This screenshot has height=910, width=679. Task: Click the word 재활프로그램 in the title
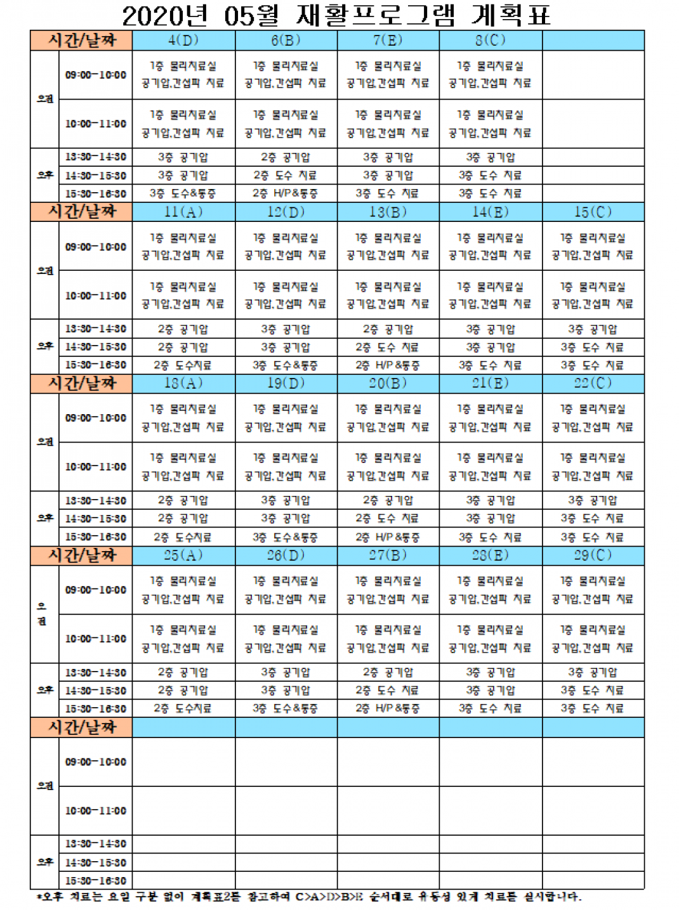tap(376, 15)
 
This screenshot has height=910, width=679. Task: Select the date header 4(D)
tap(183, 41)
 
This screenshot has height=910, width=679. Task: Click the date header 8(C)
tap(491, 41)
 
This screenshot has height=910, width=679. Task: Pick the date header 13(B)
tap(388, 212)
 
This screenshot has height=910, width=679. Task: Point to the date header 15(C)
tap(593, 212)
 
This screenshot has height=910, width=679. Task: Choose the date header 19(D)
tap(286, 384)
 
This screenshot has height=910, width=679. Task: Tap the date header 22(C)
tap(593, 384)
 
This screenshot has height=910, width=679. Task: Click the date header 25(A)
tap(183, 556)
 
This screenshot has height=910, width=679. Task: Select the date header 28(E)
tap(491, 556)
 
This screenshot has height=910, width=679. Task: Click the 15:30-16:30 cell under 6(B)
tap(286, 193)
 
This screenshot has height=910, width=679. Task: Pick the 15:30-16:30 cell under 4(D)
tap(183, 193)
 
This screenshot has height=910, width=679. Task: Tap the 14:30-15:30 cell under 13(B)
tap(388, 348)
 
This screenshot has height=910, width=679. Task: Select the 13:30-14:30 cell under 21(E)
tap(491, 500)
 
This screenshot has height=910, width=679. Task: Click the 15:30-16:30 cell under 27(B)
tap(388, 708)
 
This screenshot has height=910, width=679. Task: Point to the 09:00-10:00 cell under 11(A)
tap(183, 247)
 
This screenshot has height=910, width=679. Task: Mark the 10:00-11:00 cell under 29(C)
tap(593, 639)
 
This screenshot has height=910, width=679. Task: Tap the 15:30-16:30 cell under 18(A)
tap(183, 537)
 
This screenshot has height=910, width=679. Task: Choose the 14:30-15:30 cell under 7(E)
tap(388, 176)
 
